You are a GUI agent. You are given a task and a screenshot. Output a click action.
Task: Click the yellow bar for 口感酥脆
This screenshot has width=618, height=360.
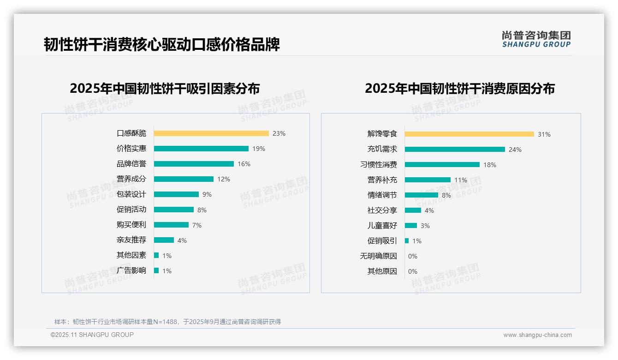pyautogui.click(x=211, y=133)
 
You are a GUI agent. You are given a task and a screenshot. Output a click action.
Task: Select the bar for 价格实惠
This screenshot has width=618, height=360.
pyautogui.click(x=201, y=149)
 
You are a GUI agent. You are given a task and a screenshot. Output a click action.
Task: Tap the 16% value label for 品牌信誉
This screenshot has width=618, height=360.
pyautogui.click(x=244, y=164)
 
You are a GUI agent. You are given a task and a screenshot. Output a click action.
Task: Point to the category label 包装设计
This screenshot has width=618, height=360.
pyautogui.click(x=131, y=194)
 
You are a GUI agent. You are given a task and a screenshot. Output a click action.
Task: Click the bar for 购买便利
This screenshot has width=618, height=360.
pyautogui.click(x=171, y=225)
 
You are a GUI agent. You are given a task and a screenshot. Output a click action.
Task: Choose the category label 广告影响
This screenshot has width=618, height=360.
pyautogui.click(x=131, y=270)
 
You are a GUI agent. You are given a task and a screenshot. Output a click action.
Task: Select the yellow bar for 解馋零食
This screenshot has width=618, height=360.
pyautogui.click(x=469, y=134)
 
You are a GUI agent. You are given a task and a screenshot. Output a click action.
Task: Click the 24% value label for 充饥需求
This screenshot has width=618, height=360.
pyautogui.click(x=515, y=150)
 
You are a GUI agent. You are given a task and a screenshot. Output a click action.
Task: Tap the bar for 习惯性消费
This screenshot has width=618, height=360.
pyautogui.click(x=442, y=164)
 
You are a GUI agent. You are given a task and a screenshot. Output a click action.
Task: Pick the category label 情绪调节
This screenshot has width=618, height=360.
pyautogui.click(x=382, y=195)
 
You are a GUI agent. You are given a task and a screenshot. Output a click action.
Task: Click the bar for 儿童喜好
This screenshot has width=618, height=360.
pyautogui.click(x=411, y=226)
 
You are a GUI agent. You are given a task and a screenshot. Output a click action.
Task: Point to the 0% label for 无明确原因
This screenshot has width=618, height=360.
pyautogui.click(x=413, y=256)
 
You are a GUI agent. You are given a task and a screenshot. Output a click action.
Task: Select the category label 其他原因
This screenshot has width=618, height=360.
pyautogui.click(x=382, y=271)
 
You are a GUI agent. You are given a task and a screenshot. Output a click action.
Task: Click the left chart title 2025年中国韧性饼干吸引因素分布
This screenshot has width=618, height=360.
pyautogui.click(x=165, y=88)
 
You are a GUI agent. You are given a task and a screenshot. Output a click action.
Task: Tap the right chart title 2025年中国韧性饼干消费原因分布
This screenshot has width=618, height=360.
pyautogui.click(x=460, y=88)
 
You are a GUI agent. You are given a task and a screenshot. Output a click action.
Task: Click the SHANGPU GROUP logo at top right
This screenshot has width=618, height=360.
pyautogui.click(x=536, y=39)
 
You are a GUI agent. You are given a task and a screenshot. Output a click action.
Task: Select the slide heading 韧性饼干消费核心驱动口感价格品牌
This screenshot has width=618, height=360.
pyautogui.click(x=162, y=45)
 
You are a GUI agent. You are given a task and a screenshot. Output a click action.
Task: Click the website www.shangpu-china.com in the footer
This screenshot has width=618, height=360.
pyautogui.click(x=537, y=335)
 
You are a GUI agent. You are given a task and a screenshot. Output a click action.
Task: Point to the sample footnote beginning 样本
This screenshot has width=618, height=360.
pyautogui.click(x=167, y=322)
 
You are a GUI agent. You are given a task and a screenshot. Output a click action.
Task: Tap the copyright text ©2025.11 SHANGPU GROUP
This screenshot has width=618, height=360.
pyautogui.click(x=92, y=335)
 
